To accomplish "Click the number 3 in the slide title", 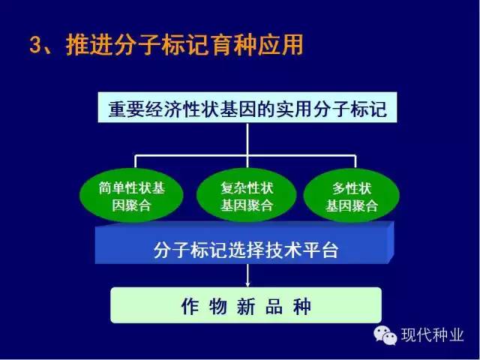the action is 35,45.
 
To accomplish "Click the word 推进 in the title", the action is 89,45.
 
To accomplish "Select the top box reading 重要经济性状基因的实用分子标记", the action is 247,107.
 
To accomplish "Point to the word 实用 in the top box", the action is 294,109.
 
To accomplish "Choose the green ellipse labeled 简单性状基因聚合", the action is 132,196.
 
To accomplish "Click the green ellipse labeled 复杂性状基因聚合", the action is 247,196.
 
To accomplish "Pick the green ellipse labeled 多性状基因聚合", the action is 352,196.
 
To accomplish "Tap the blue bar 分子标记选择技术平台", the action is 244,242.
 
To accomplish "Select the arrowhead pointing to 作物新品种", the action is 247,284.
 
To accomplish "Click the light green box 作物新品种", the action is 246,305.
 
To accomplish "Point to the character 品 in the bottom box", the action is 274,306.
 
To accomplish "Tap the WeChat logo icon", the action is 385,335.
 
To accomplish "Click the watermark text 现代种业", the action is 432,335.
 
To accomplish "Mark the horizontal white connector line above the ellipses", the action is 245,155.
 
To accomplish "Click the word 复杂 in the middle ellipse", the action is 233,188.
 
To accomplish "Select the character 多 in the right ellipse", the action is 339,188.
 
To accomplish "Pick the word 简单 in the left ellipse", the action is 112,188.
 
